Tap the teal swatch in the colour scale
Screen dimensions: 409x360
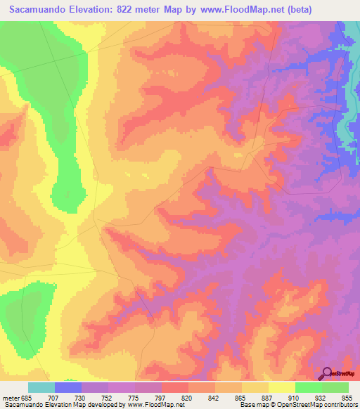tap(41, 387)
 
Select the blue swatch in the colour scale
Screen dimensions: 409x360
tap(68, 387)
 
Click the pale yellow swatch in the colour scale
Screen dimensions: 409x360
tap(281, 387)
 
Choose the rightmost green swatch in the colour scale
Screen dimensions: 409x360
tap(335, 387)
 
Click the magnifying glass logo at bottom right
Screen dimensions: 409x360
tap(326, 374)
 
